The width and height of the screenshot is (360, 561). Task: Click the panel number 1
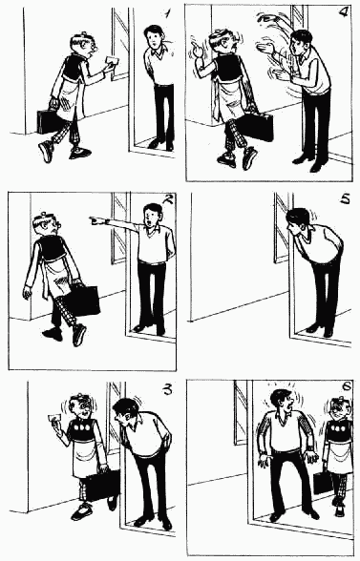click(x=166, y=13)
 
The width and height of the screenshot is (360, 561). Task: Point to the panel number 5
click(x=346, y=198)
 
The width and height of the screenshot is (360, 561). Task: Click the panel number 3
click(x=168, y=389)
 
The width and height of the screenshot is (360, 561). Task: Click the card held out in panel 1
click(x=112, y=60)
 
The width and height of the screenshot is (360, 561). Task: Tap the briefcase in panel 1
click(x=49, y=121)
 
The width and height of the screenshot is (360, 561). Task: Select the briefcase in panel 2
click(x=84, y=301)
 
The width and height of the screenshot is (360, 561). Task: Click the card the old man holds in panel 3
click(x=54, y=418)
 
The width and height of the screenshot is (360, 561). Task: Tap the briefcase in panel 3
click(x=102, y=486)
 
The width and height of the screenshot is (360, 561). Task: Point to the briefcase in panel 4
click(x=256, y=128)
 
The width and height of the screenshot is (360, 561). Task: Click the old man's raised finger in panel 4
click(x=195, y=47)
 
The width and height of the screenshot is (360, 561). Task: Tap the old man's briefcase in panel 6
click(x=321, y=483)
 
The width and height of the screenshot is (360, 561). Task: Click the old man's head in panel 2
click(x=47, y=225)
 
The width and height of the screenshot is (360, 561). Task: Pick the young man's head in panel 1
click(x=154, y=37)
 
